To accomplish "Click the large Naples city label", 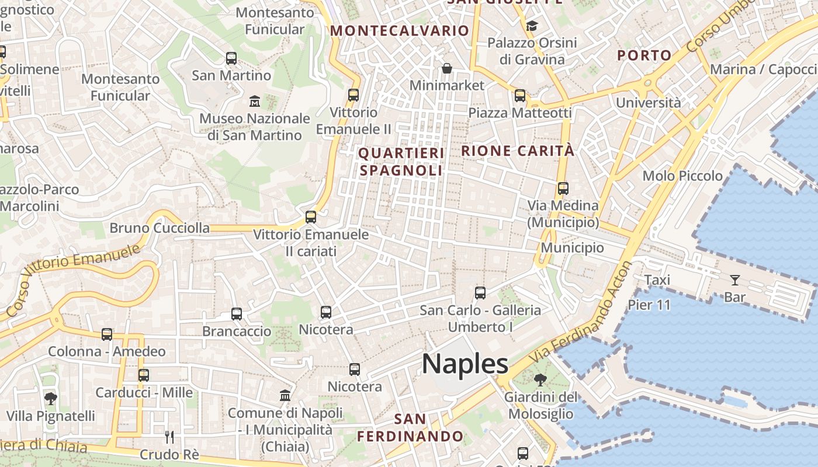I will [x=465, y=364].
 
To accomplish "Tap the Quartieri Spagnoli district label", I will [x=401, y=162].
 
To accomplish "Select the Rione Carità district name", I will [x=518, y=151].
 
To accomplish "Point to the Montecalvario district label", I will [x=400, y=31].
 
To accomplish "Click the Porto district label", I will [x=644, y=55].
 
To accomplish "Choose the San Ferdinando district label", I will [x=410, y=427].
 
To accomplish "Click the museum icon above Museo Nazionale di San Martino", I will [x=255, y=102].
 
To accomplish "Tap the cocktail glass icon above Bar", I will [x=734, y=280].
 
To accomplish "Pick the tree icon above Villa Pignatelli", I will [x=51, y=399].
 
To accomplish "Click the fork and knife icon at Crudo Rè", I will [x=169, y=437].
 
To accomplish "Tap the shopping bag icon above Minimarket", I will [x=447, y=68].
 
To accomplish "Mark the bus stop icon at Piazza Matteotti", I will [x=520, y=96].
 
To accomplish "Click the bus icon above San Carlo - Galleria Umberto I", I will [x=480, y=293].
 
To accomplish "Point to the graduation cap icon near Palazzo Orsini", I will [x=532, y=26].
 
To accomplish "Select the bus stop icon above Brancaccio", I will [x=237, y=314].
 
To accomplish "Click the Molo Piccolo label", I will [x=682, y=176].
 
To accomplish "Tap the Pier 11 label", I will [x=649, y=305].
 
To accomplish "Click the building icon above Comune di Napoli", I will [x=285, y=396].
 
